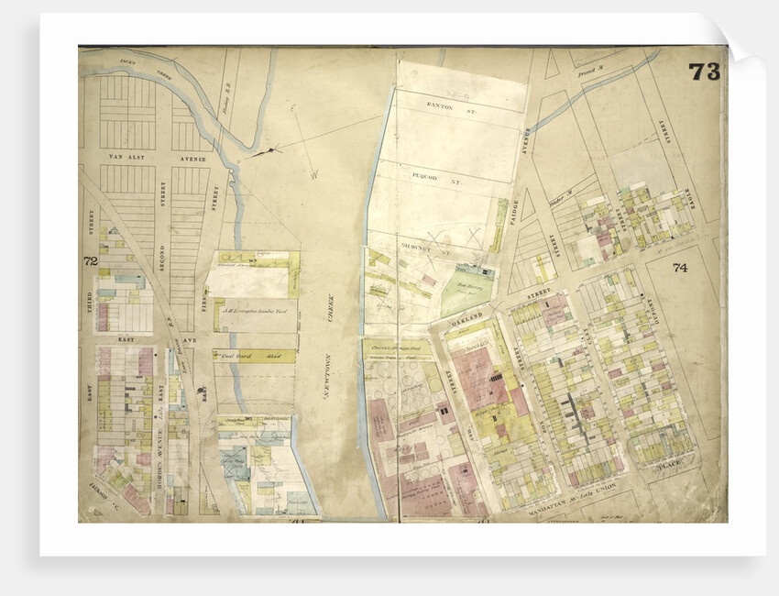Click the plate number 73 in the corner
click(704, 72)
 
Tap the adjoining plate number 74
click(679, 269)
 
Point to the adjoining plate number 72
click(90, 261)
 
